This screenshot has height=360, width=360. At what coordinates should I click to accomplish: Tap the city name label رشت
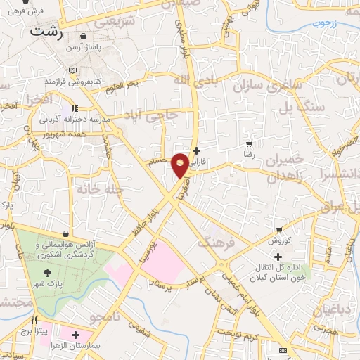click(x=47, y=32)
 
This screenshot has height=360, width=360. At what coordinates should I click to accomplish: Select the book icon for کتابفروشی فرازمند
click(x=74, y=70)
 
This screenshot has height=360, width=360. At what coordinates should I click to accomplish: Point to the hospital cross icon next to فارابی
click(x=196, y=150)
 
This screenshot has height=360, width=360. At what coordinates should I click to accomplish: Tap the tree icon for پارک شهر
click(x=47, y=272)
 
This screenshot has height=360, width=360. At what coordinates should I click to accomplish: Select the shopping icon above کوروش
click(x=280, y=230)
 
